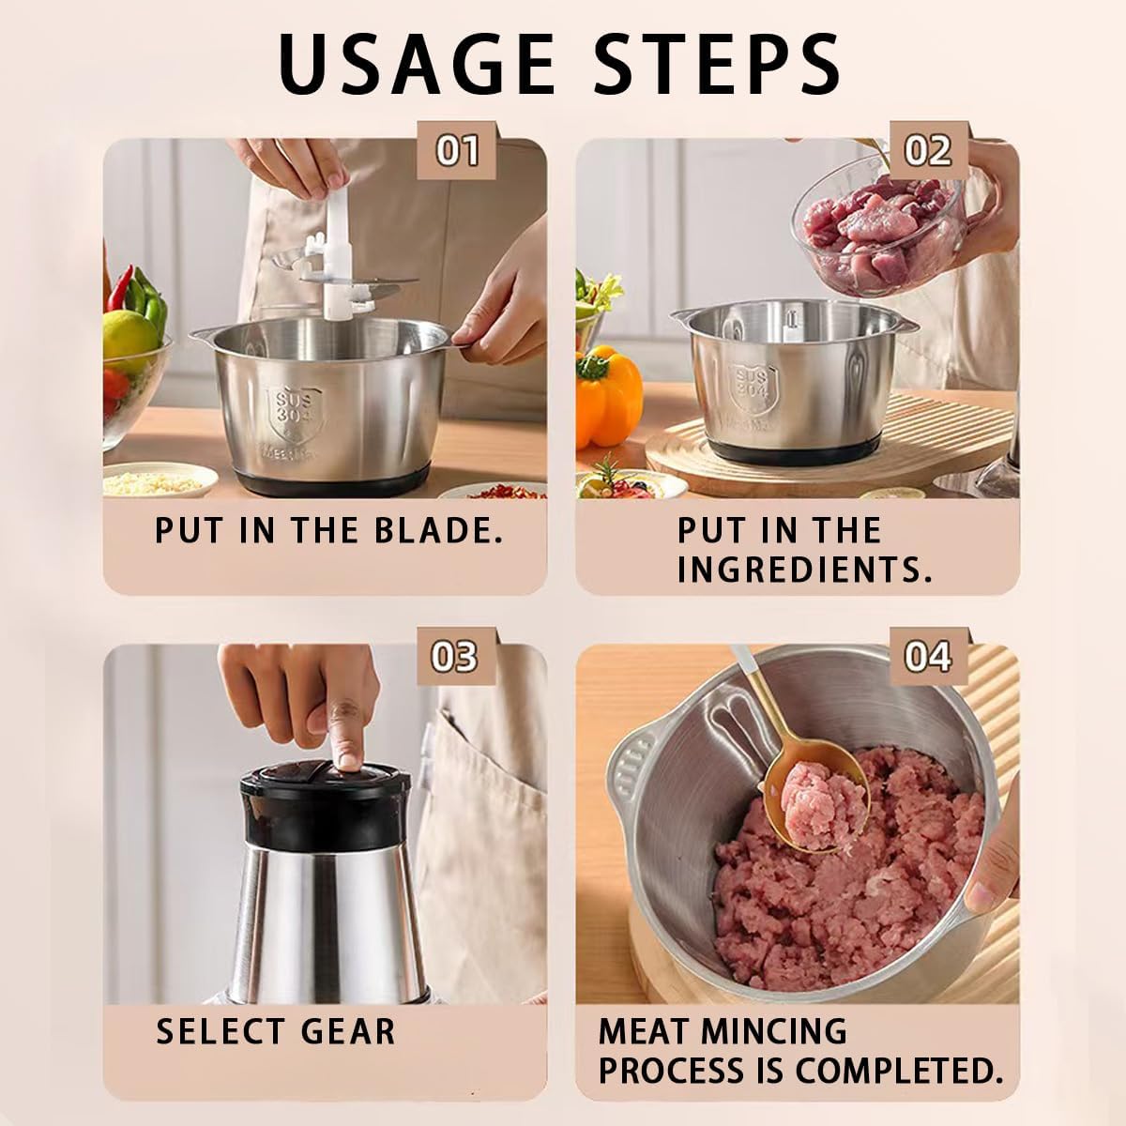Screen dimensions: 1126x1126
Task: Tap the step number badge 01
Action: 456,150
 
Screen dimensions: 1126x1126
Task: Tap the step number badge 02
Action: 929,150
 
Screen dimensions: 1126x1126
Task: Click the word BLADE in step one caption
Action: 438,530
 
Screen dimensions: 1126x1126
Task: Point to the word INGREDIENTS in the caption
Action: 804,570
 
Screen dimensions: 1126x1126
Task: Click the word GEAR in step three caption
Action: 348,1032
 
